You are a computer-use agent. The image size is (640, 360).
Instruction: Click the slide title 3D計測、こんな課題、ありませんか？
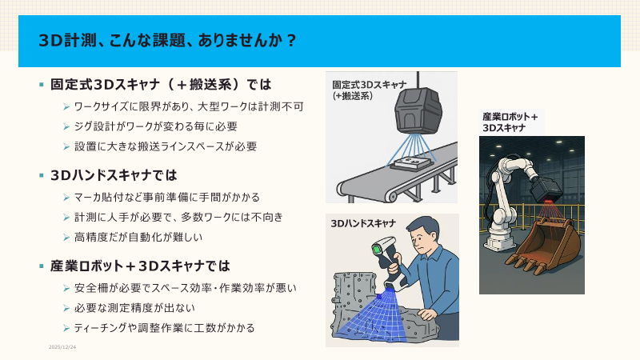(168, 40)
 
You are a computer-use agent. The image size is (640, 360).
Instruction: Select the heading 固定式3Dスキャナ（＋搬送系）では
(161, 84)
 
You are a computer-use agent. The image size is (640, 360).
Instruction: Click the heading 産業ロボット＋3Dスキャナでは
(140, 266)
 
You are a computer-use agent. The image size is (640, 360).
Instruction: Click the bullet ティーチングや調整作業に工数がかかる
(164, 327)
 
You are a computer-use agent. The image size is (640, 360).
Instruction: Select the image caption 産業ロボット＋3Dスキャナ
(510, 122)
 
